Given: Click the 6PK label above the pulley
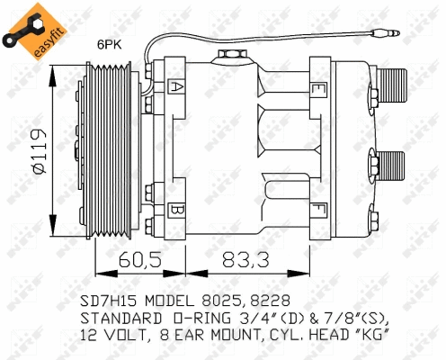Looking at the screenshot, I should pos(110,42).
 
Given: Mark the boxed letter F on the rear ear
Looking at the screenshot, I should pos(319,211).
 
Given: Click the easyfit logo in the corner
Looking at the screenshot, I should pos(27,27).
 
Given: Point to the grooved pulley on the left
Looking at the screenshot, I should pos(109,148).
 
